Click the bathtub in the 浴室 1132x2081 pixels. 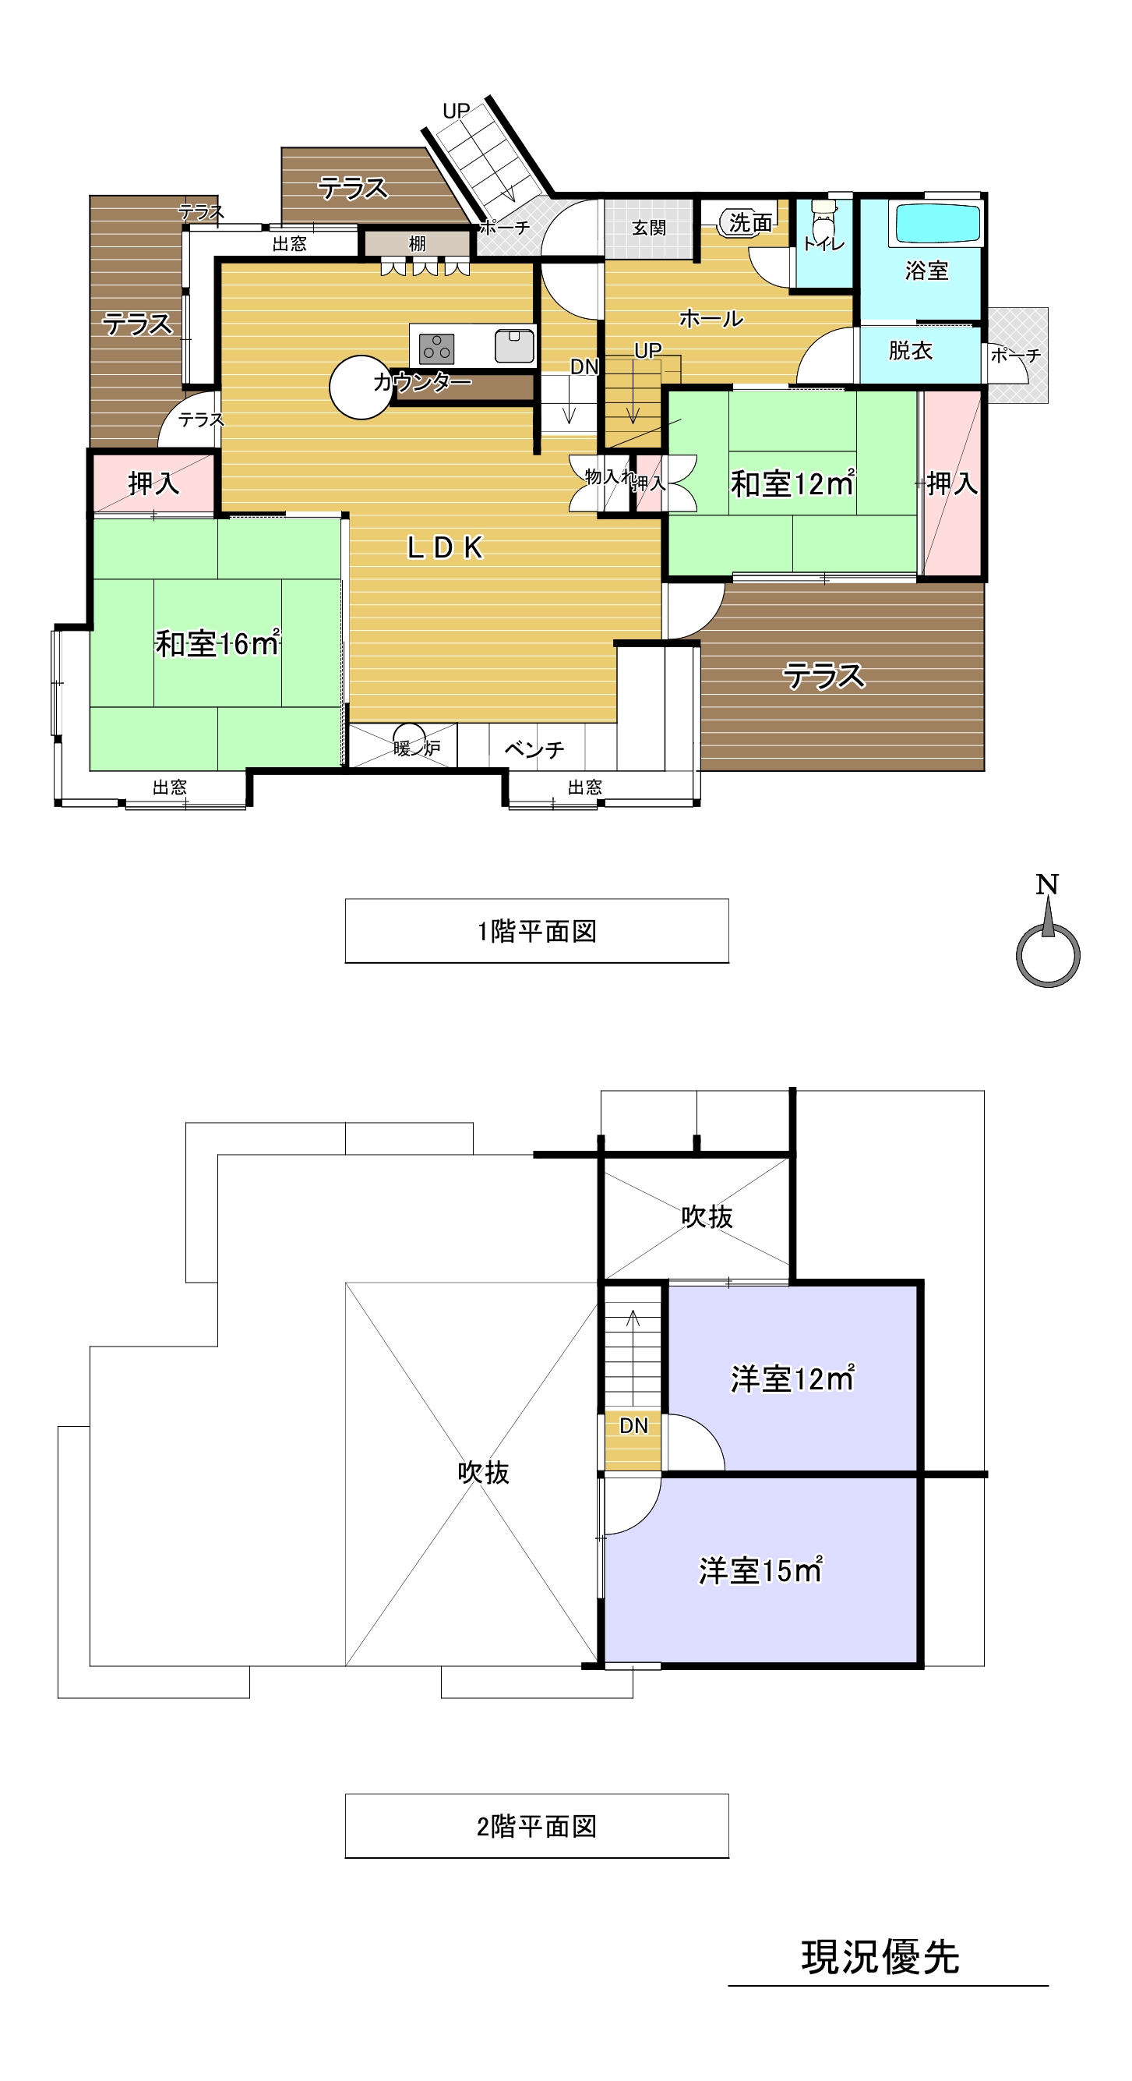tap(936, 223)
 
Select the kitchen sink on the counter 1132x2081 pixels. tap(513, 345)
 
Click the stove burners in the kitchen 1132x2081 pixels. tap(436, 349)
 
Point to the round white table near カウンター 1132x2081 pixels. tap(360, 387)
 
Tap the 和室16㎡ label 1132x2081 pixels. tap(217, 644)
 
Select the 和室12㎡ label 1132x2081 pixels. tap(792, 483)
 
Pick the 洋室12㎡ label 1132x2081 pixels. tap(792, 1379)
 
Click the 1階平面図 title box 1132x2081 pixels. tap(536, 931)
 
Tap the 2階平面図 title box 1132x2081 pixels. tap(536, 1826)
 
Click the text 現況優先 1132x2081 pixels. tap(880, 1957)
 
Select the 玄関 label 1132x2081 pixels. tap(648, 228)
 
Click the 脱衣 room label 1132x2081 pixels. tap(910, 351)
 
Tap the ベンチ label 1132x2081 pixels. tap(534, 749)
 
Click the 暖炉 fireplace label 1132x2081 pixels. tap(416, 748)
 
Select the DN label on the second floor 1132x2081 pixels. tap(633, 1426)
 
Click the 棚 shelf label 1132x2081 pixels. tap(417, 243)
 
